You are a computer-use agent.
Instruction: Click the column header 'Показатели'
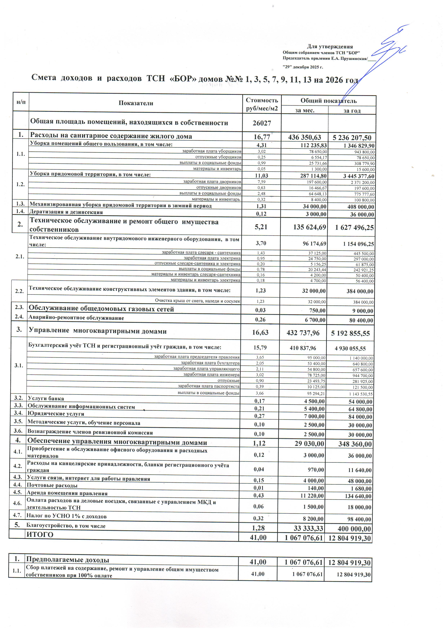pyautogui.click(x=136, y=103)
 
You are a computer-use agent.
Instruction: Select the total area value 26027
pyautogui.click(x=262, y=123)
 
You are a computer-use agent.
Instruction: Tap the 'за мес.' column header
pyautogui.click(x=305, y=110)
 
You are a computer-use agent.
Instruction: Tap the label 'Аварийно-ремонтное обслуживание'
pyautogui.click(x=76, y=318)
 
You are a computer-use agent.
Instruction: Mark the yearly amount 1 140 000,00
pyautogui.click(x=361, y=358)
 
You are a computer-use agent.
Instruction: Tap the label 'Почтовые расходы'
pyautogui.click(x=52, y=485)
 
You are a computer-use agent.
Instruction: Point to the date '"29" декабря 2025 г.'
pyautogui.click(x=303, y=67)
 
